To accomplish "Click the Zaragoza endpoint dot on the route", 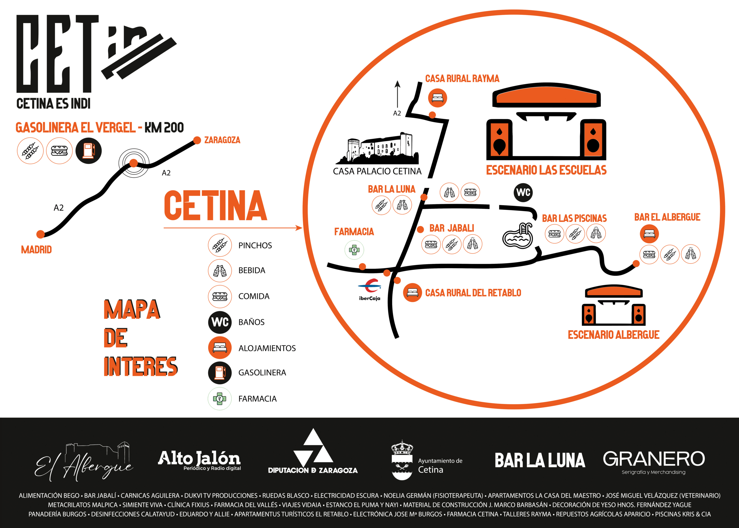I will (x=197, y=140).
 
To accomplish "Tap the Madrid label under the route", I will (x=36, y=250).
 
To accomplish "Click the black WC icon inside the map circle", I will (x=523, y=193).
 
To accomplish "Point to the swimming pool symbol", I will (x=518, y=235).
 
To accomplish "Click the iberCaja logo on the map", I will (x=370, y=290).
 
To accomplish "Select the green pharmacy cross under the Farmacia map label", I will (x=354, y=250).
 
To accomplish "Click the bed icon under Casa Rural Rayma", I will (x=437, y=98).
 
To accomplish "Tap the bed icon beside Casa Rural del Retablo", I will (x=413, y=292).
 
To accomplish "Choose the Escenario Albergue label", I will (x=613, y=335).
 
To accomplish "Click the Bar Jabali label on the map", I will (x=451, y=228).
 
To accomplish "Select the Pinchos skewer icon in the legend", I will (x=220, y=245).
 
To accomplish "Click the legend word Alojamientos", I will (x=267, y=348).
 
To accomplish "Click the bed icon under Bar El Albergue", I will (x=649, y=234).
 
